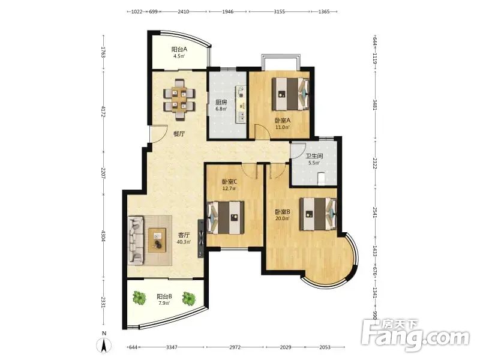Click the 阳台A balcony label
click(179, 49)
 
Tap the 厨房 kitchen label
click(221, 102)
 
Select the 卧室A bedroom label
click(282, 121)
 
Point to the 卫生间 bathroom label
click(314, 156)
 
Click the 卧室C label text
click(229, 182)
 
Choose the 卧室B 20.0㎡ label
click(282, 215)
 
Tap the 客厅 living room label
click(184, 235)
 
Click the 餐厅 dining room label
click(179, 134)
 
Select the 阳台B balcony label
click(164, 296)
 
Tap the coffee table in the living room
click(157, 240)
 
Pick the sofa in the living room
click(136, 240)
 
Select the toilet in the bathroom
click(321, 179)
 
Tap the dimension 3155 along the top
click(279, 11)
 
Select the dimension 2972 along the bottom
click(235, 347)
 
